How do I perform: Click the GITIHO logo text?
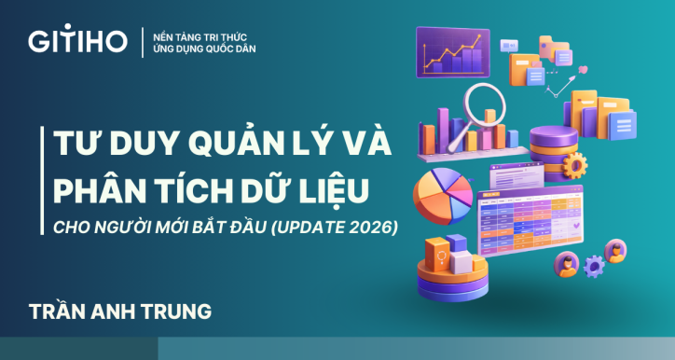(x=77, y=41)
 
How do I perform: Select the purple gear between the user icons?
(x=593, y=267)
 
